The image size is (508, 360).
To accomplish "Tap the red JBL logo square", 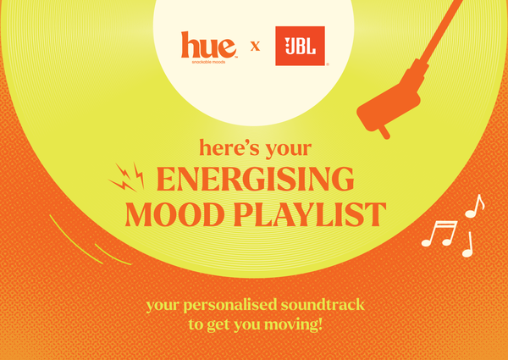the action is click(300, 46).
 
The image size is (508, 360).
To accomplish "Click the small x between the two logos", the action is click(256, 47).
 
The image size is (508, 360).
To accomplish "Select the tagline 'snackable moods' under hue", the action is click(208, 62).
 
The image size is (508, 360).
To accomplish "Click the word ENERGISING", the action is click(256, 179).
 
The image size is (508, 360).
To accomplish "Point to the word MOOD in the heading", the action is click(174, 214).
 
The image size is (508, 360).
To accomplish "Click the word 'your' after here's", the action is click(289, 150).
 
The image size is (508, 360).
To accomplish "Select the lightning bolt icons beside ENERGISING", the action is click(127, 178).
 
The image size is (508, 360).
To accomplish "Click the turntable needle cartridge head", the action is click(389, 106).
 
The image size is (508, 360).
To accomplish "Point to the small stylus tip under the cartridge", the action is click(384, 132).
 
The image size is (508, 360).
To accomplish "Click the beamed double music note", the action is click(439, 233).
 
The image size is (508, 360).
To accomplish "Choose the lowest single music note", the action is click(468, 245).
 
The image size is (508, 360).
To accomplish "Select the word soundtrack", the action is click(323, 305).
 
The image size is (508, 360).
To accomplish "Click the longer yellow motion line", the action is click(75, 240).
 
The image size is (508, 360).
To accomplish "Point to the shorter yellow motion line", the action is click(112, 256).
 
